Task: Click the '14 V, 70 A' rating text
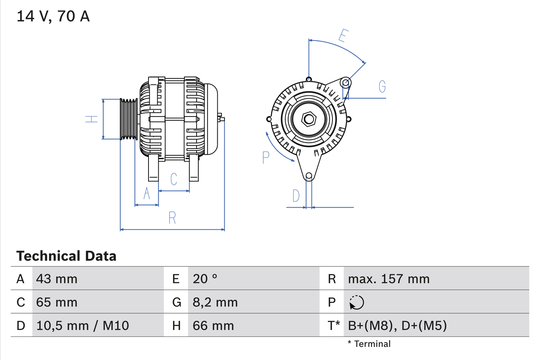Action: pos(53,16)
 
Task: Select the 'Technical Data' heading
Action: pos(66,256)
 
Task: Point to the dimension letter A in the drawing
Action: pos(146,193)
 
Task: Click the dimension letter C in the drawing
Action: pos(173,179)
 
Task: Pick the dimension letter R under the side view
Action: pos(172,218)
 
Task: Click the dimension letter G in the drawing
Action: pos(382,87)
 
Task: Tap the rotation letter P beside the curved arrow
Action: pos(265,157)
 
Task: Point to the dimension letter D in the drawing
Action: pos(296,196)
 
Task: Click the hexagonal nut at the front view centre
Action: pos(309,119)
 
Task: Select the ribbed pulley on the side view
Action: pos(129,119)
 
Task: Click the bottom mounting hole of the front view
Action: pos(309,176)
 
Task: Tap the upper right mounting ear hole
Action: pos(346,82)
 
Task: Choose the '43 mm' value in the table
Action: pos(57,279)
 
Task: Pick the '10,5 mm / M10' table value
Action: pos(83,325)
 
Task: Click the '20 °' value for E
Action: pos(205,279)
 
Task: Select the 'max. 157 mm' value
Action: pos(389,279)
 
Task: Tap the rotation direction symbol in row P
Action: pos(356,302)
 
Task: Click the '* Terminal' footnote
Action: pos(369,344)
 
